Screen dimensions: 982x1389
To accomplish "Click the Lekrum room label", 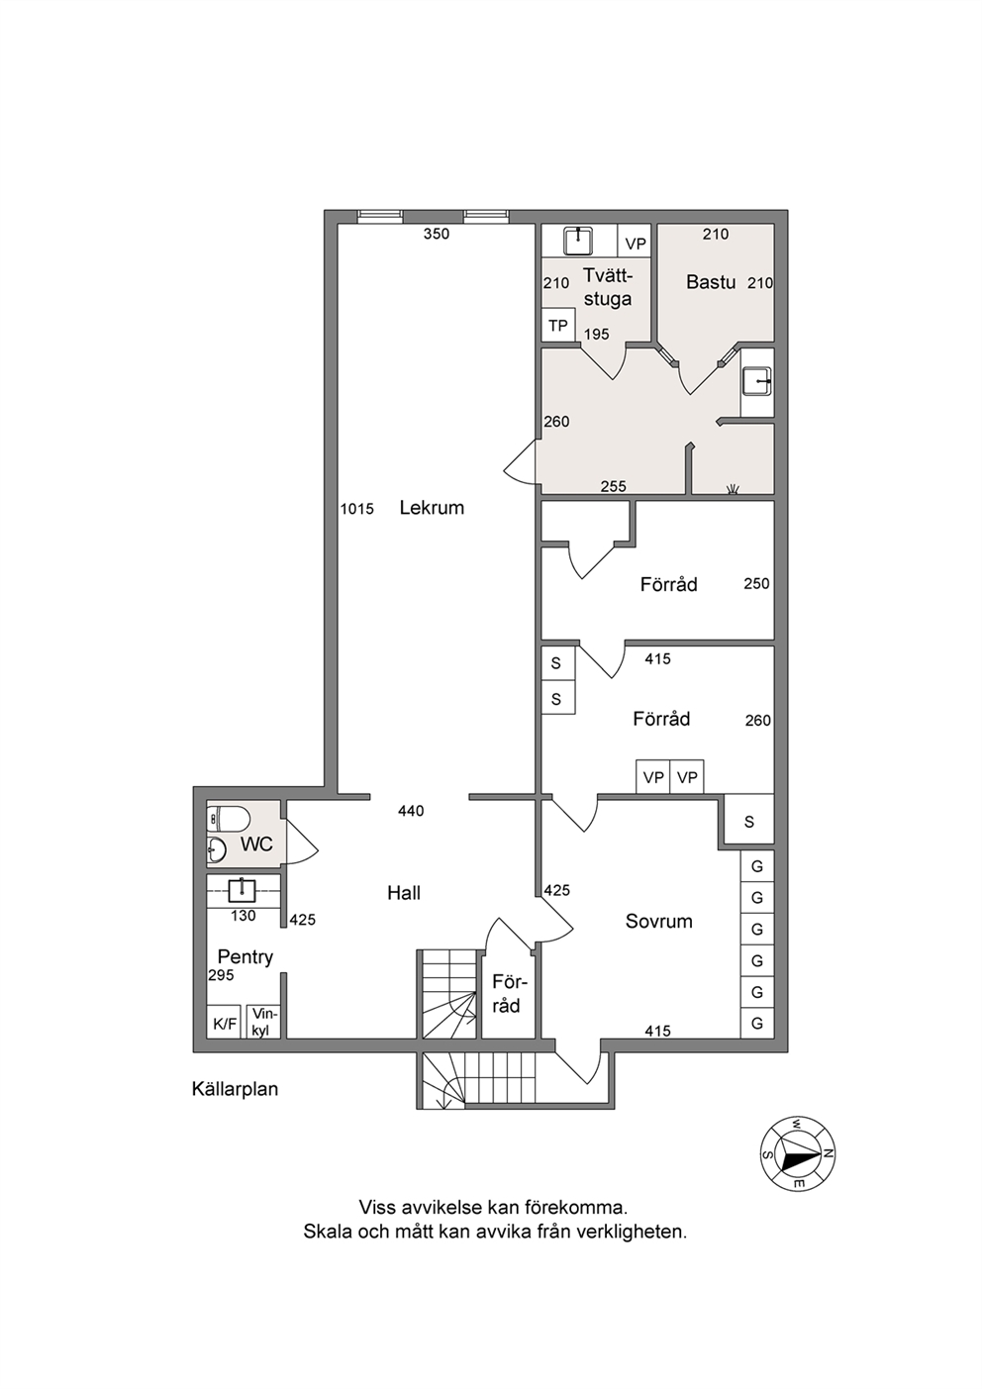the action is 432,508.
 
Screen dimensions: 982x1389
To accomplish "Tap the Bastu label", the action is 711,282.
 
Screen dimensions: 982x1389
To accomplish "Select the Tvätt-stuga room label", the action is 608,287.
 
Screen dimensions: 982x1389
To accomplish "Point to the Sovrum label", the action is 658,922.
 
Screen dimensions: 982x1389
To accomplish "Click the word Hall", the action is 404,893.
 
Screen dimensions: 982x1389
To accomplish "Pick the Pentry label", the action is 245,957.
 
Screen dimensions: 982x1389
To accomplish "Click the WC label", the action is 256,843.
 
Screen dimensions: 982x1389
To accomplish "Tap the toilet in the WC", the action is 228,820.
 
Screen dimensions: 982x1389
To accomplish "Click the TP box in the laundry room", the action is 558,326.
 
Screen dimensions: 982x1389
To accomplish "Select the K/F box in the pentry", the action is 224,1024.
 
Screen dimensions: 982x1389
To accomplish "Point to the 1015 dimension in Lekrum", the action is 357,509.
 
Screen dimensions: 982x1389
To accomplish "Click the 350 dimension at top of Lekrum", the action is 436,234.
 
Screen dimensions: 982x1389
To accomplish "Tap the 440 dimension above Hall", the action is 411,811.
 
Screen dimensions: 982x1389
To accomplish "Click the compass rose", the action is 798,1154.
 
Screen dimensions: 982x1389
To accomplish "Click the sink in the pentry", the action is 242,891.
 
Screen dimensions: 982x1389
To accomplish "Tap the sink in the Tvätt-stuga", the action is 578,241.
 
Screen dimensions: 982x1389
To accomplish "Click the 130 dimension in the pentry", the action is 243,916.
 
